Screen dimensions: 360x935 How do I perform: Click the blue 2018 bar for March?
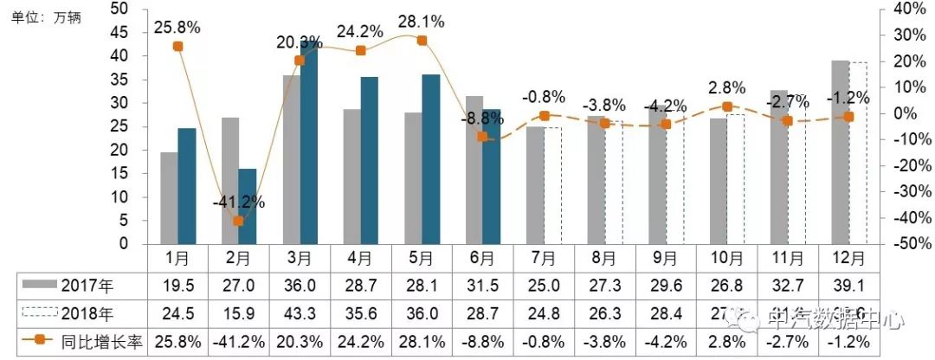pyautogui.click(x=308, y=143)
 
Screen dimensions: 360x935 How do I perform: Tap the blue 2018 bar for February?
pyautogui.click(x=247, y=206)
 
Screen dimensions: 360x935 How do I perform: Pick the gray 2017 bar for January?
pyautogui.click(x=169, y=198)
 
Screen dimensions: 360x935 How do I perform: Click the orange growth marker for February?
pyautogui.click(x=238, y=222)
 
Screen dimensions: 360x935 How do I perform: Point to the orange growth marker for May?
pyautogui.click(x=422, y=41)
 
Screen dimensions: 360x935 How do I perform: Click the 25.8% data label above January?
pyautogui.click(x=177, y=27)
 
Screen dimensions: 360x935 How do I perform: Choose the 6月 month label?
pyautogui.click(x=482, y=258)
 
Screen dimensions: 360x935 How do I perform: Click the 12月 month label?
pyautogui.click(x=848, y=258)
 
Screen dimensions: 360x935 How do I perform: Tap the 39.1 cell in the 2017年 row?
pyautogui.click(x=848, y=284)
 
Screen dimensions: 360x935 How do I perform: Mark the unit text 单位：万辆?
pyautogui.click(x=46, y=17)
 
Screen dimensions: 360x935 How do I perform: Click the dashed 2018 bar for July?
pyautogui.click(x=552, y=186)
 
